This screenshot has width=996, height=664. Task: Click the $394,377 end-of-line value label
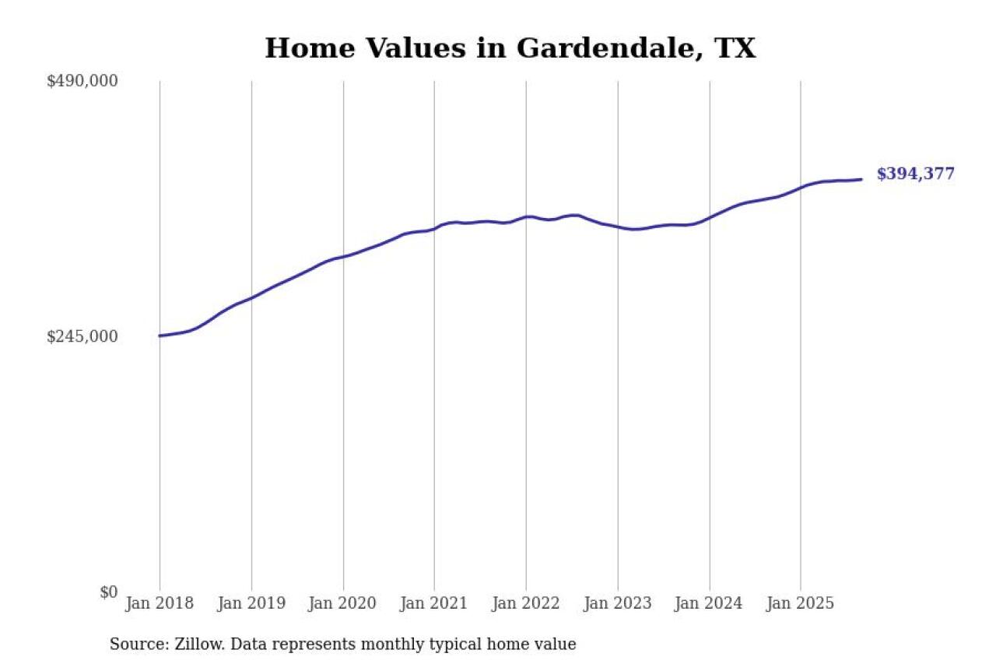pos(915,174)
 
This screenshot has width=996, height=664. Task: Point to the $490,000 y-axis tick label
pos(82,81)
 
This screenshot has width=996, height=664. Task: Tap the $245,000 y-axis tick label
pos(82,336)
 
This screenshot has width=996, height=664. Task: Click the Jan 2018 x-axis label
pos(160,603)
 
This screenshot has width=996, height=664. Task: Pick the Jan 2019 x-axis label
pos(251,603)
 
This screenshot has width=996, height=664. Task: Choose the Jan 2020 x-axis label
pos(343,603)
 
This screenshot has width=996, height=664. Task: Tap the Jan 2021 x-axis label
pos(434,603)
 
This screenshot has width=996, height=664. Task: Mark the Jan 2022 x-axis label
pos(526,603)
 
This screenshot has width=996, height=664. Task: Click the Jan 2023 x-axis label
pos(618,603)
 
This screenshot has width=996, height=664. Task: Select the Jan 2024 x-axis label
pos(709,603)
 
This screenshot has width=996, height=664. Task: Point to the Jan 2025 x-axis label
pos(801,603)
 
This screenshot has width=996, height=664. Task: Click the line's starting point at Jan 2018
pos(160,336)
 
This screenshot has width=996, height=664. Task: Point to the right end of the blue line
pos(861,179)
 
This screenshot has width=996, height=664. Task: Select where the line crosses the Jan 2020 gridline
pos(343,255)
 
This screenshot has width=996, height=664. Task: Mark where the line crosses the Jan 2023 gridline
pos(618,227)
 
